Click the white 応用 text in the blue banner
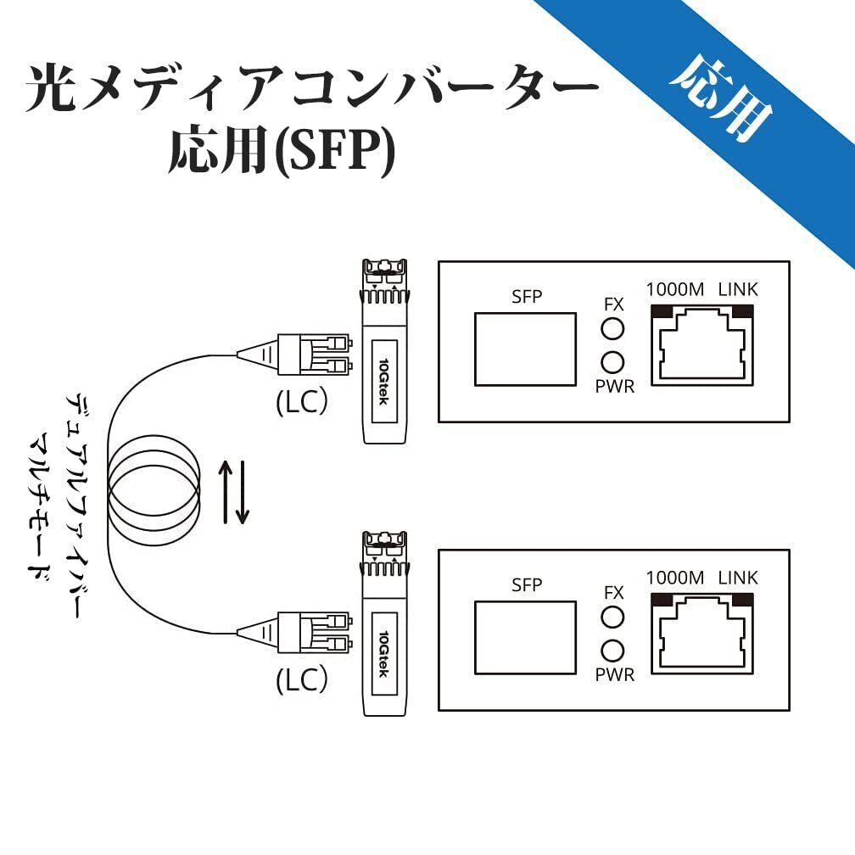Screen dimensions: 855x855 [x=721, y=97]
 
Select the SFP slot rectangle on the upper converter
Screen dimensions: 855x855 [x=524, y=348]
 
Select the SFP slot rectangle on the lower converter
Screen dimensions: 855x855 [x=524, y=636]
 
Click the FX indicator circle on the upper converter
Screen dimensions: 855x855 [x=612, y=329]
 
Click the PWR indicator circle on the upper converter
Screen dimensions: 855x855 [x=612, y=362]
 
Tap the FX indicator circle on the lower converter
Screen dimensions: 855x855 [x=612, y=617]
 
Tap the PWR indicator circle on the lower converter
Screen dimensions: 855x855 [x=612, y=650]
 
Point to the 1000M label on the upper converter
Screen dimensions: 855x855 [x=674, y=289]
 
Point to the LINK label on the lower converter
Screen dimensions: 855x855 [x=737, y=578]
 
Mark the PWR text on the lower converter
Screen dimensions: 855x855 [x=614, y=675]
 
